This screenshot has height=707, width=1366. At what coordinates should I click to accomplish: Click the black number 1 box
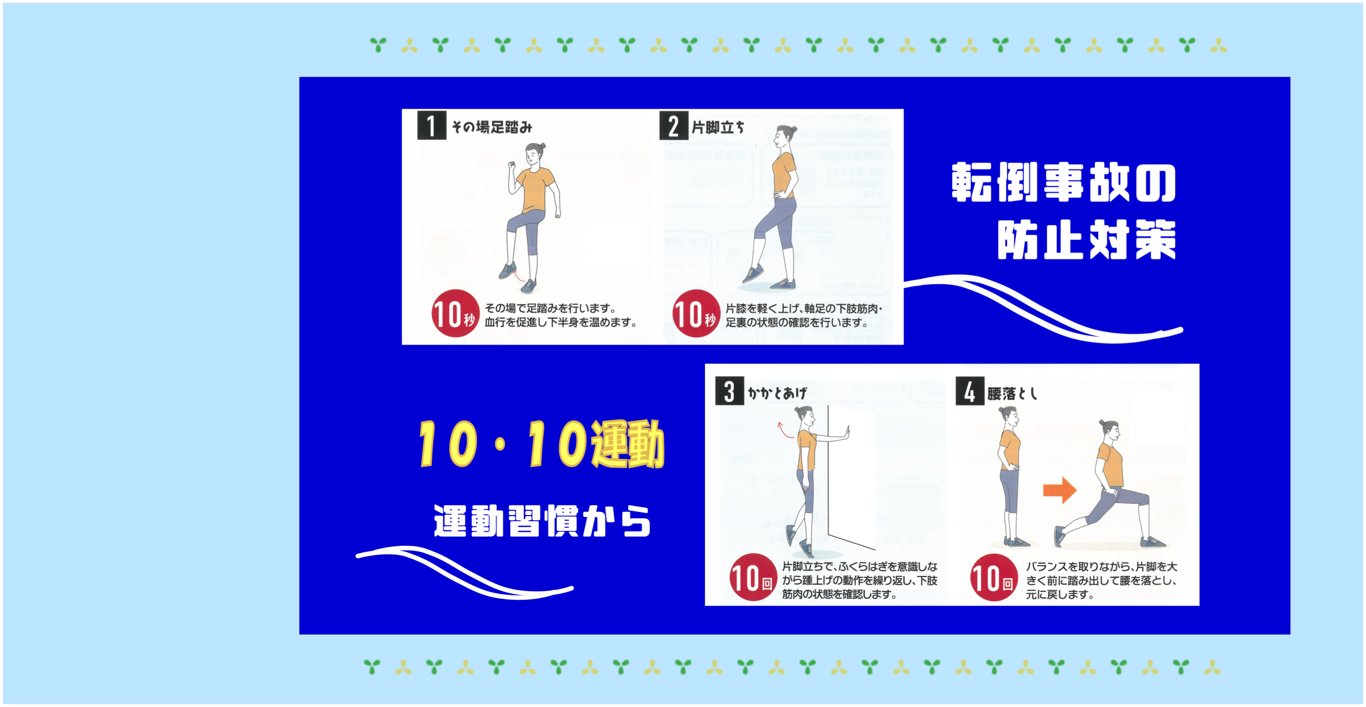pyautogui.click(x=432, y=125)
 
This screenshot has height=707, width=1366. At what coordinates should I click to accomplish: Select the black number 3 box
pyautogui.click(x=729, y=391)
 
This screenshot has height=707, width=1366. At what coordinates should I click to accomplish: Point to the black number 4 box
pyautogui.click(x=970, y=391)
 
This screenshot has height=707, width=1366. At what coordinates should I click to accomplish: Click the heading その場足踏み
pyautogui.click(x=492, y=127)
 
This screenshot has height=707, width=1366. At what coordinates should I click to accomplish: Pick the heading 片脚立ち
pyautogui.click(x=718, y=127)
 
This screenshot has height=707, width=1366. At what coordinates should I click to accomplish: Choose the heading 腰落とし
pyautogui.click(x=1012, y=393)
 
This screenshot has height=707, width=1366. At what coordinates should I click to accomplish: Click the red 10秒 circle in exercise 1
pyautogui.click(x=454, y=313)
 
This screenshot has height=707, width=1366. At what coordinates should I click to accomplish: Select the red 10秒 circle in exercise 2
pyautogui.click(x=696, y=313)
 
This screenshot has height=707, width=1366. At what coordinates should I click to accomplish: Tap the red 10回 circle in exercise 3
pyautogui.click(x=753, y=577)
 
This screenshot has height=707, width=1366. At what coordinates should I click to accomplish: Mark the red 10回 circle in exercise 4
pyautogui.click(x=994, y=577)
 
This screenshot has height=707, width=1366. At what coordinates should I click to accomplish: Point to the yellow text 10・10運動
pyautogui.click(x=541, y=444)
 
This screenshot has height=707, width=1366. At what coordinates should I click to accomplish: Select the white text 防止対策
pyautogui.click(x=1087, y=240)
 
